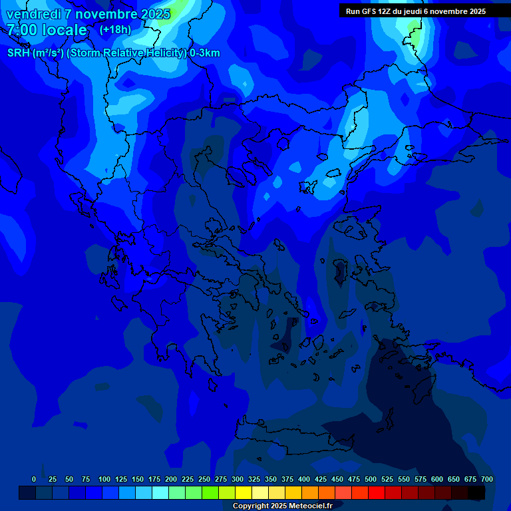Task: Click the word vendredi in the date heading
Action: point(33,14)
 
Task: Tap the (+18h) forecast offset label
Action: point(115,29)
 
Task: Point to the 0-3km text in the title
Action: point(205,53)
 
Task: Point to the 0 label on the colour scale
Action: point(34,479)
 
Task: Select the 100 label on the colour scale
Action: point(104,479)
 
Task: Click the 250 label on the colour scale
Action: point(204,479)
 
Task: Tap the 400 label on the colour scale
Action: point(304,479)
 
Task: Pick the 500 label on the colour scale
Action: point(371,479)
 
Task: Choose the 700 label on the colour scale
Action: point(487,479)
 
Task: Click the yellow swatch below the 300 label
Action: point(243,493)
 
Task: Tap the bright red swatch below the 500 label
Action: point(376,493)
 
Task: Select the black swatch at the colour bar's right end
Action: point(476,493)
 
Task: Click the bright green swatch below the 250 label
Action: point(210,493)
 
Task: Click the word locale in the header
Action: point(64,30)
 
